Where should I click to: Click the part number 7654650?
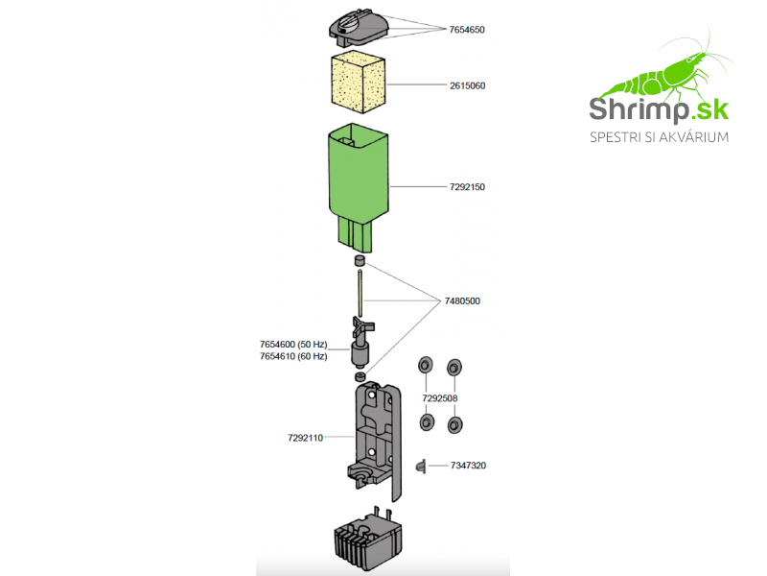(x=467, y=30)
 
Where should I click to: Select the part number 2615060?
(x=468, y=85)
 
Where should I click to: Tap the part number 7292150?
(x=467, y=186)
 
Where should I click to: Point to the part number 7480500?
(x=462, y=300)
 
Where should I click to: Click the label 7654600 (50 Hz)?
(x=293, y=345)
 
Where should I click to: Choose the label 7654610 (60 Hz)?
(x=293, y=356)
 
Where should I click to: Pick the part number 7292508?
(x=440, y=398)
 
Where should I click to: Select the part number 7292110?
(x=305, y=438)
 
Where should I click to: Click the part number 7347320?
(x=468, y=466)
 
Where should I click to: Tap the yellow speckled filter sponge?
(x=358, y=82)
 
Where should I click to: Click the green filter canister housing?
(x=359, y=187)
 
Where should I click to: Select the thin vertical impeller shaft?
(x=360, y=293)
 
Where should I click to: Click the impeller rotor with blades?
(x=361, y=343)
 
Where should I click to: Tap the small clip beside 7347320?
(x=421, y=467)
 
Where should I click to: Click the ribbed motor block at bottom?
(x=368, y=540)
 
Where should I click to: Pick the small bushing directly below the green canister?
(x=360, y=260)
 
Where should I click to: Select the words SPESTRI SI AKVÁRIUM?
(x=659, y=137)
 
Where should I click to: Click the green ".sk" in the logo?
(x=709, y=109)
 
